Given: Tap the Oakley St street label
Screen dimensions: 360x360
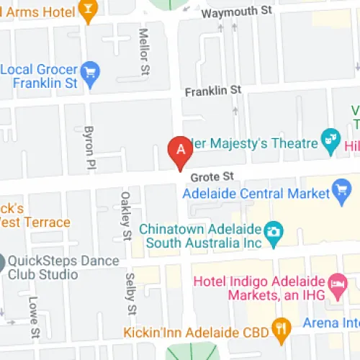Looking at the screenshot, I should (125, 215).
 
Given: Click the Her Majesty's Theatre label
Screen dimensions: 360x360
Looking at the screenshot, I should (253, 143).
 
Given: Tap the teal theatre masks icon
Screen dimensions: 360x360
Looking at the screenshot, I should (330, 141).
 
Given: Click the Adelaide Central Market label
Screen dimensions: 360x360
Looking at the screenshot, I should (256, 193).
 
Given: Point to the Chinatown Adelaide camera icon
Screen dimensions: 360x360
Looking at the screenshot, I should (274, 232).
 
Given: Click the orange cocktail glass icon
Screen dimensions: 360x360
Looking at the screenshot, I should (89, 11).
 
